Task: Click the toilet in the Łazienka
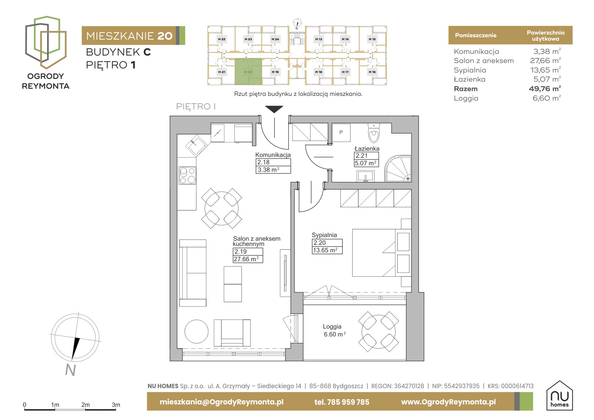point(374,133)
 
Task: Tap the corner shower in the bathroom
point(398,168)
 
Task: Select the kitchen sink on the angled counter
point(197,146)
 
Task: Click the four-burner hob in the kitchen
point(187,175)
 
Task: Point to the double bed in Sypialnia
point(382,253)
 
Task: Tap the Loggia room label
point(332,327)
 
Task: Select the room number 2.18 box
point(273,162)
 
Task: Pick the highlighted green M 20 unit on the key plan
point(248,71)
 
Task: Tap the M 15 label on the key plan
point(372,39)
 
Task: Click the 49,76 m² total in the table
point(545,89)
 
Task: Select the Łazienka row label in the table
point(469,79)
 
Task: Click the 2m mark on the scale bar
point(85,405)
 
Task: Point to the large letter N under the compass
point(70,370)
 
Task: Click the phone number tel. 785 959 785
point(342,402)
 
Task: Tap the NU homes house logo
point(559,395)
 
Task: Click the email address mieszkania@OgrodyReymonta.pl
point(221,402)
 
